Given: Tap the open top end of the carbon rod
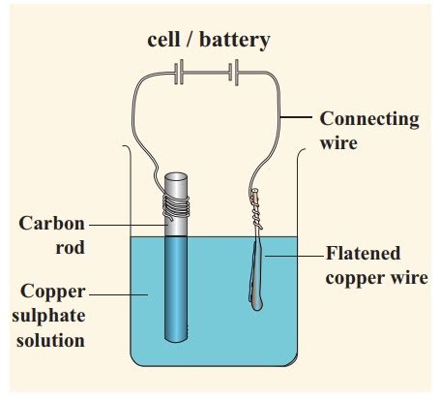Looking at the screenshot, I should click(x=177, y=178).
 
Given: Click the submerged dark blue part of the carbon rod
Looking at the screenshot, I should click(x=177, y=291).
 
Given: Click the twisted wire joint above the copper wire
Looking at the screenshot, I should click(x=256, y=203).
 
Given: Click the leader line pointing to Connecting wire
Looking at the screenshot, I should click(x=300, y=119).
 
